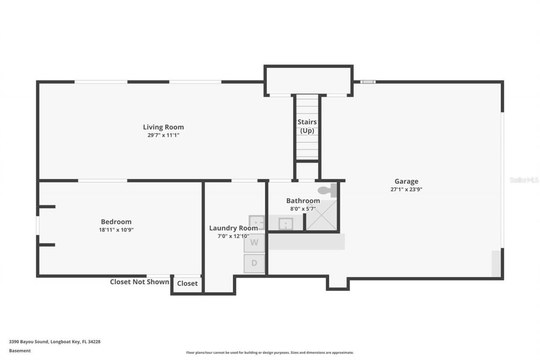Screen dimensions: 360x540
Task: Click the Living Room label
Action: (x=163, y=127)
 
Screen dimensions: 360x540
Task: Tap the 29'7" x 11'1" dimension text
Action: (x=163, y=135)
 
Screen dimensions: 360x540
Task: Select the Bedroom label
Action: (x=116, y=222)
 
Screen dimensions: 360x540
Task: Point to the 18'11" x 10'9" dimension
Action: (x=116, y=230)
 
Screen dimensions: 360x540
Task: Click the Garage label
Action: (x=406, y=181)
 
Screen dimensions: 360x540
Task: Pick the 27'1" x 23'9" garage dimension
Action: (x=406, y=189)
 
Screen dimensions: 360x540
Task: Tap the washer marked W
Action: (x=254, y=243)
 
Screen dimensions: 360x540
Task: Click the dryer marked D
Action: (x=254, y=263)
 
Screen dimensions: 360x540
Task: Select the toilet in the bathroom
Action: (x=327, y=190)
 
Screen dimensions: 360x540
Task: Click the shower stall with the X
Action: (x=321, y=215)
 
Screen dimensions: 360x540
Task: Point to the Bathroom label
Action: (x=303, y=200)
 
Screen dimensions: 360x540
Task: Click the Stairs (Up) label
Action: (x=307, y=126)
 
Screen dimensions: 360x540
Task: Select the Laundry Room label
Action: (x=233, y=228)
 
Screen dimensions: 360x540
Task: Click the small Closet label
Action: (x=187, y=284)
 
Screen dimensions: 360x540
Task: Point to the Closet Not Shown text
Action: (x=139, y=282)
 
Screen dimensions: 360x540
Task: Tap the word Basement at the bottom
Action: (x=20, y=351)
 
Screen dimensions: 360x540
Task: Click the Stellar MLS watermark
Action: (x=524, y=180)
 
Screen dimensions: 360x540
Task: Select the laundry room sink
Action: (x=256, y=222)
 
